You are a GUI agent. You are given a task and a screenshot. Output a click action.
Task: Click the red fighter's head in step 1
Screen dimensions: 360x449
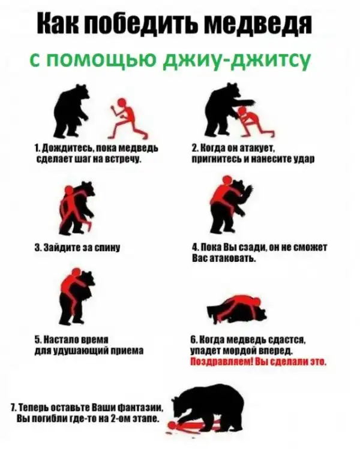[122, 102]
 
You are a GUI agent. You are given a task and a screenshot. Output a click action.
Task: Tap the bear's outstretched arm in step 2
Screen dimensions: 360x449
[244, 103]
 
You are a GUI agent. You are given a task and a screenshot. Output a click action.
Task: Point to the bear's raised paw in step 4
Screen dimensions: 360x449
[248, 191]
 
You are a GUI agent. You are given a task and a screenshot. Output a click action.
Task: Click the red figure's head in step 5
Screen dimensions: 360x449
[76, 272]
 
